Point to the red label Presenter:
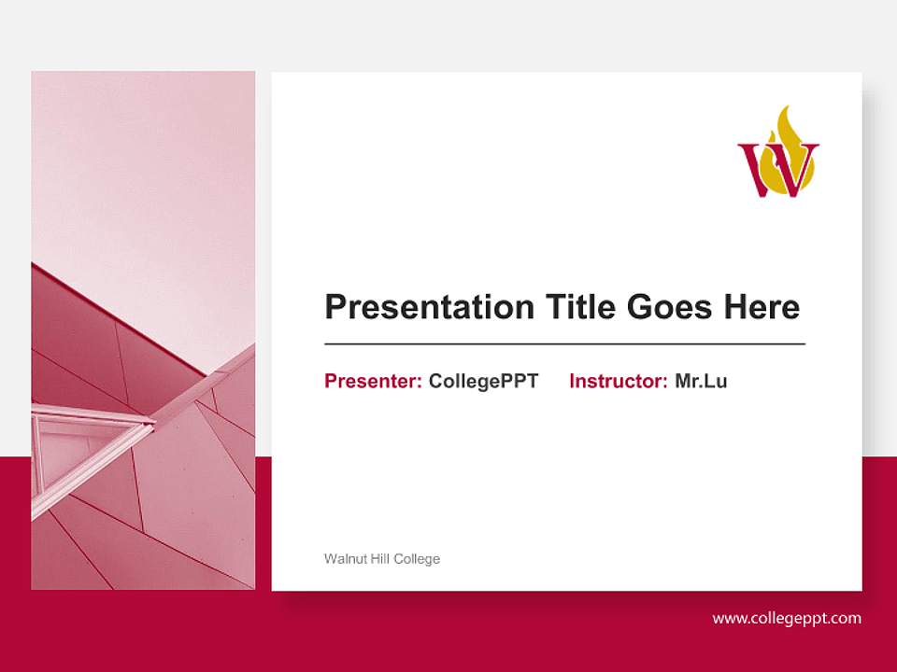373,381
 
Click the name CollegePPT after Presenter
483,381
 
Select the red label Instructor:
618,381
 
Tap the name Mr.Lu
701,381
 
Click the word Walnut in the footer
343,559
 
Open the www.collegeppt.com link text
787,618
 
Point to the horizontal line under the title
564,344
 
